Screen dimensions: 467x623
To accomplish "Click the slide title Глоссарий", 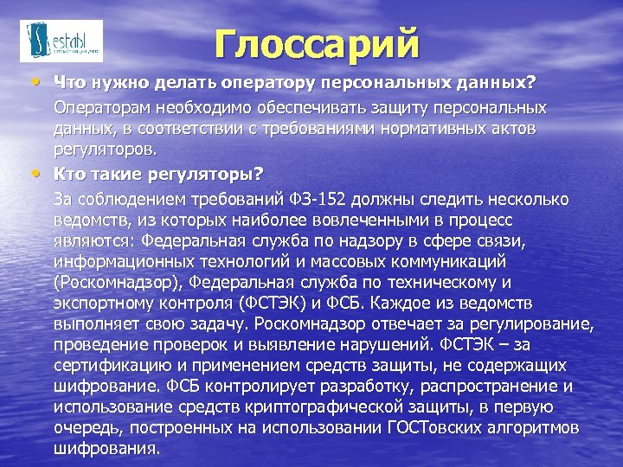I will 317,44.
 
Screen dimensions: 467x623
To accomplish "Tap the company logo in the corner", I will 61,41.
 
